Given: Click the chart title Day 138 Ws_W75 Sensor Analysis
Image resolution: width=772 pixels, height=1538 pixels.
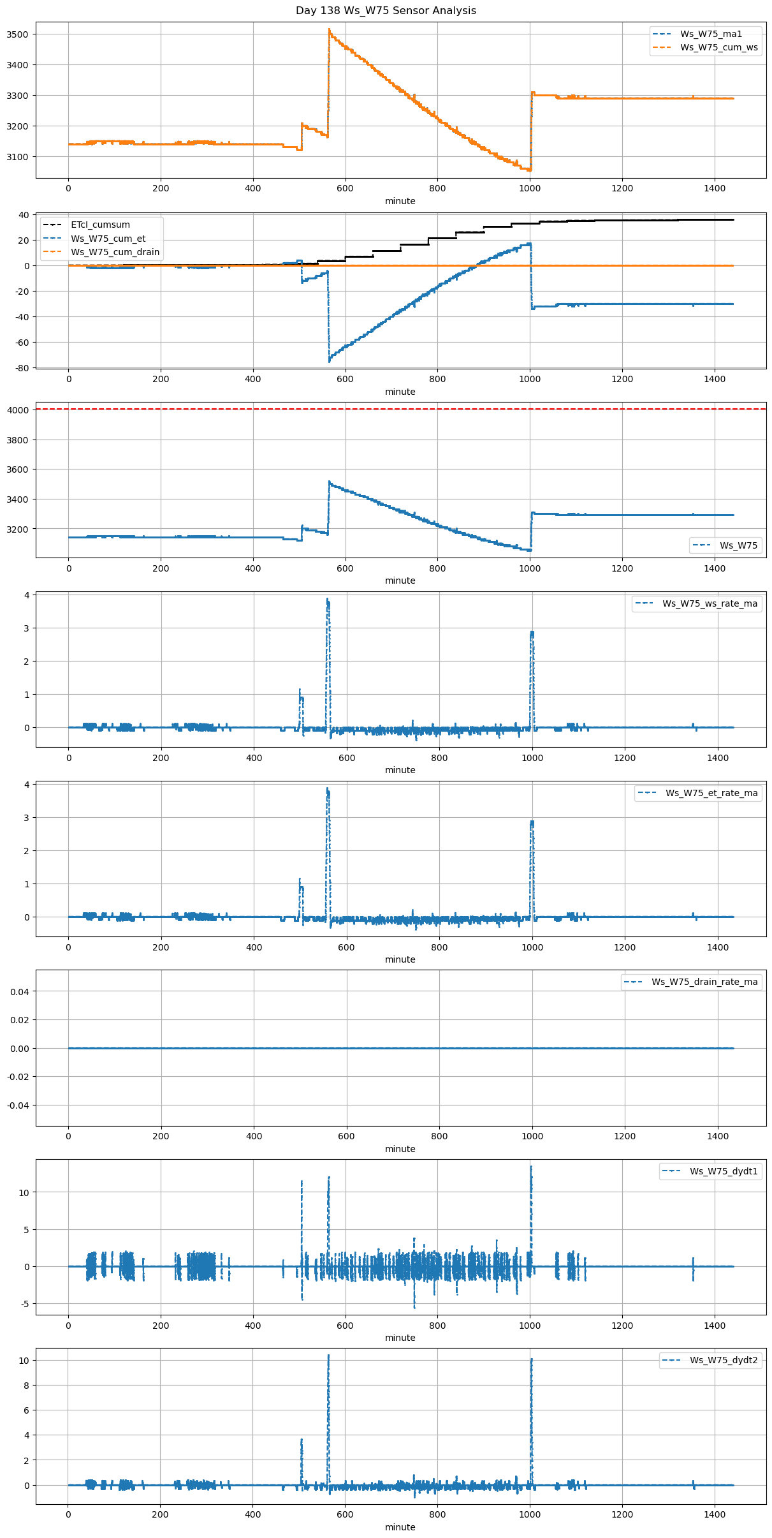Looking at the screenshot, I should point(386,11).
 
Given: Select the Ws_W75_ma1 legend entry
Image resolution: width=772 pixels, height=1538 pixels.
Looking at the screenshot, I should point(711,34).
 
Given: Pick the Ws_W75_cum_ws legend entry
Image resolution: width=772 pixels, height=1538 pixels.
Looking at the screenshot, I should point(719,48).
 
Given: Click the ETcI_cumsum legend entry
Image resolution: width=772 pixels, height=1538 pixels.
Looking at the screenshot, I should point(100,225).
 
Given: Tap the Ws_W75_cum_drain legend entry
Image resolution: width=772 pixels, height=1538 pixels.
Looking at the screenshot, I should point(115,252).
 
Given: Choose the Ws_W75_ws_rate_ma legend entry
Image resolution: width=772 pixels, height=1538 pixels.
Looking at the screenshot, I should point(710,604).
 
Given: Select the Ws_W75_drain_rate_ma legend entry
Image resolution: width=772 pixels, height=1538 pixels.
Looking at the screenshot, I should point(704,982).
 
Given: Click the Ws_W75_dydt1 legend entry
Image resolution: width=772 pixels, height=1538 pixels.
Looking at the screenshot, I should point(724,1172).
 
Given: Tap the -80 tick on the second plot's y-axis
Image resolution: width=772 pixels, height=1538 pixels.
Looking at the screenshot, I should point(22,368).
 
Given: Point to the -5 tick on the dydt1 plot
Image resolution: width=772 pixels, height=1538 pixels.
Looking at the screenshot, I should point(25,1304).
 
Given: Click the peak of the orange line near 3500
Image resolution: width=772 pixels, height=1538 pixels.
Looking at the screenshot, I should point(329,29).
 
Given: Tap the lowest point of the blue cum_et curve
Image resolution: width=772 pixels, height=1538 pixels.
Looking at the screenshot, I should point(330,362).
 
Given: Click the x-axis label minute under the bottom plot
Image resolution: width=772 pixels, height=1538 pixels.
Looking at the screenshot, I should point(400,1528).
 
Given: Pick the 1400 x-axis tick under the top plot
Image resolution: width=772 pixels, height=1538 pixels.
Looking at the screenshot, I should point(715,189).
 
